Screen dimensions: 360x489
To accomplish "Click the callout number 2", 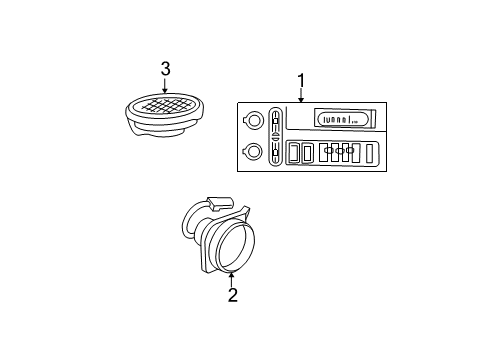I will pos(232,294).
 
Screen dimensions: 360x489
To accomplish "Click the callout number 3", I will pos(166,68).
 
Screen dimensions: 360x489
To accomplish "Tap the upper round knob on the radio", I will pos(254,121).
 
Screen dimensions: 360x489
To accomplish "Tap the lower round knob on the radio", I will pos(254,152).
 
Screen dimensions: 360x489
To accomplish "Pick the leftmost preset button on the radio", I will pos(294,153).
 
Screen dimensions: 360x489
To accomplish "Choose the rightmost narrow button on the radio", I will pos(370,153).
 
